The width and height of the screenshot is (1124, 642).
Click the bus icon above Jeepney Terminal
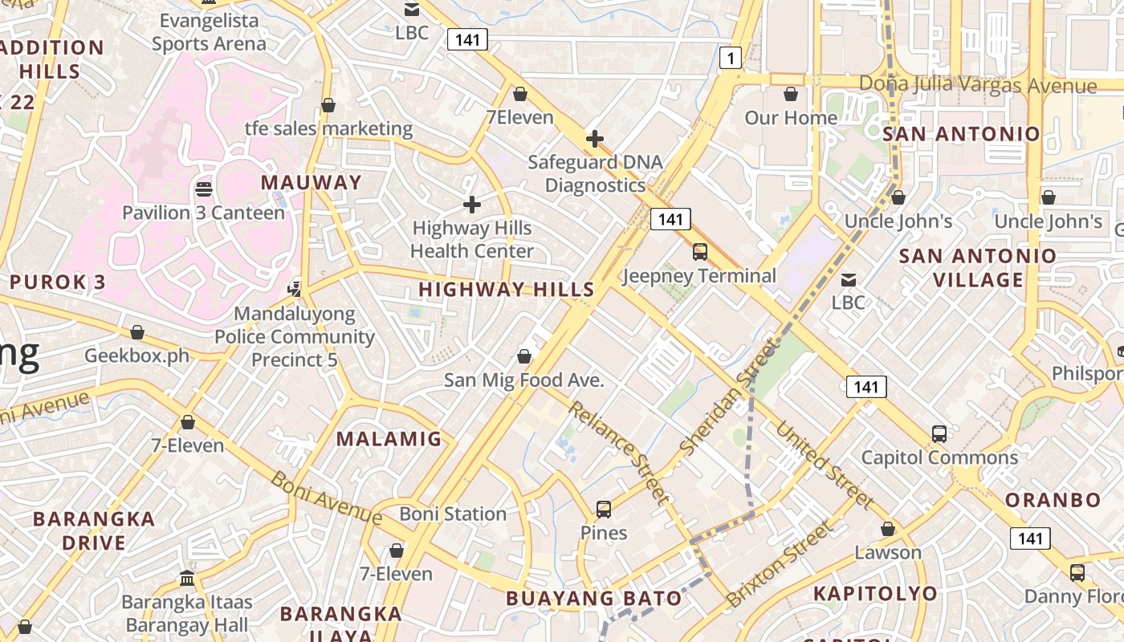pos(700,252)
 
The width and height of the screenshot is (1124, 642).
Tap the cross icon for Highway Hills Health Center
pos(472,205)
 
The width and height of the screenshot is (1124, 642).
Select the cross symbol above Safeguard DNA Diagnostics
pos(595,139)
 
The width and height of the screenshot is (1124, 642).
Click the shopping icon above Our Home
pos(791,94)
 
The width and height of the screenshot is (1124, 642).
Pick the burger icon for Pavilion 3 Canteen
pos(204,189)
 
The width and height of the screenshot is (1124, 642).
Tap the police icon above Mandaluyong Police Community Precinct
pos(295,289)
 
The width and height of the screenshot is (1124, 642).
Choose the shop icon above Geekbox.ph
pos(137,332)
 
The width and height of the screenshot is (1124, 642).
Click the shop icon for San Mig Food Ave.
pos(524,356)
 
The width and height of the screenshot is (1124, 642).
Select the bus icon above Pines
pos(604,509)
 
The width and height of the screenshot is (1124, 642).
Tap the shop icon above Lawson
pos(888,529)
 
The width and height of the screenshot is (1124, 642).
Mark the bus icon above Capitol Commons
pos(939,434)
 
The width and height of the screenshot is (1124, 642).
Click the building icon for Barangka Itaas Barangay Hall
pos(187,578)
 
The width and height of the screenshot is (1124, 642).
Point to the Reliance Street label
pos(618,453)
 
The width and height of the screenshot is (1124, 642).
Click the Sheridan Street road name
pos(729,396)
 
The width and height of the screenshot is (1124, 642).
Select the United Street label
pos(825,465)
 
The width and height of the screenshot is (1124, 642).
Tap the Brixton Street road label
pos(779,564)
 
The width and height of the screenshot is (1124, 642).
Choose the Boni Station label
pos(453,514)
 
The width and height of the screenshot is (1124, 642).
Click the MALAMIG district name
pos(389,439)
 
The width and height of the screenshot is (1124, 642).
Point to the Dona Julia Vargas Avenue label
pos(978,84)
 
